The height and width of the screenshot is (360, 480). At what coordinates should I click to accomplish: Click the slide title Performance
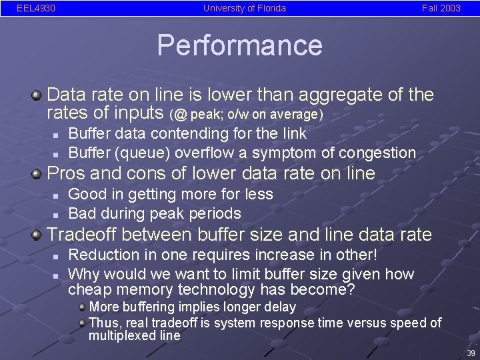pyautogui.click(x=239, y=45)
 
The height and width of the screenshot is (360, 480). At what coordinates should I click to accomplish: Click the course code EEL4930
pyautogui.click(x=36, y=9)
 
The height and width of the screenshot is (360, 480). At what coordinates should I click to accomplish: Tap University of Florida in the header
pyautogui.click(x=245, y=9)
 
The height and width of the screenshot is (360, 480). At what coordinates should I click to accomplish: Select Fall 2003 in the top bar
pyautogui.click(x=441, y=9)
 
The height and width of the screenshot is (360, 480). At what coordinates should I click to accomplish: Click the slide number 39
pyautogui.click(x=471, y=353)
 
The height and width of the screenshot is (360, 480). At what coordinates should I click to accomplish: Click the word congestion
pyautogui.click(x=377, y=153)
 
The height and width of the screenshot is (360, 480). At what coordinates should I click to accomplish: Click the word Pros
pyautogui.click(x=65, y=174)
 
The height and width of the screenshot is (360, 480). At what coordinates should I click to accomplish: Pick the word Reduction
pyautogui.click(x=101, y=255)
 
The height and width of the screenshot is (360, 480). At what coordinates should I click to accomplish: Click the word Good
pyautogui.click(x=85, y=194)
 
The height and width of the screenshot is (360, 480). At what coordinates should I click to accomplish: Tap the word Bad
pyautogui.click(x=81, y=213)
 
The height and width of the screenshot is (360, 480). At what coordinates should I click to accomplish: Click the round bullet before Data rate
pyautogui.click(x=37, y=95)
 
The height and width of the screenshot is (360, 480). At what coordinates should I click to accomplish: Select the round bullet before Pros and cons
pyautogui.click(x=37, y=174)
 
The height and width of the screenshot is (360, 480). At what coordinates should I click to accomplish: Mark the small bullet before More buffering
pyautogui.click(x=82, y=307)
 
